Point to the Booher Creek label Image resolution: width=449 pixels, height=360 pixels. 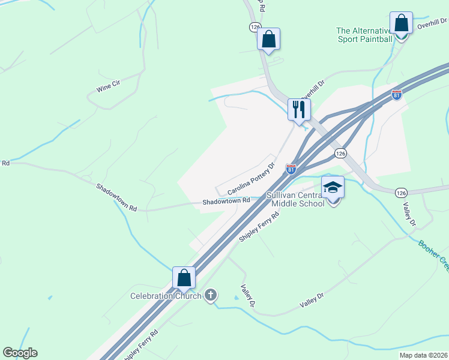pyautogui.click(x=433, y=254)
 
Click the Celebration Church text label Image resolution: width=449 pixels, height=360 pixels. pyautogui.click(x=166, y=296)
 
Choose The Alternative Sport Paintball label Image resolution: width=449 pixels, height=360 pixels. pyautogui.click(x=364, y=35)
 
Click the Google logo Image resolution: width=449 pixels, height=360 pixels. pyautogui.click(x=20, y=353)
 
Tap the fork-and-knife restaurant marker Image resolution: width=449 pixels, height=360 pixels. pyautogui.click(x=298, y=109)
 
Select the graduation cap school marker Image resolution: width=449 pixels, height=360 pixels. pyautogui.click(x=333, y=187)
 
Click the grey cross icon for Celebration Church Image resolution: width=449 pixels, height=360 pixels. pyautogui.click(x=210, y=295)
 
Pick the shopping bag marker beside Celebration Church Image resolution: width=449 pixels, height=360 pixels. pyautogui.click(x=184, y=278)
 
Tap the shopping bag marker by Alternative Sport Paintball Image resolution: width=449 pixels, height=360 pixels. pyautogui.click(x=400, y=23)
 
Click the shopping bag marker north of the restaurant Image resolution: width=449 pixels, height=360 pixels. pyautogui.click(x=269, y=39)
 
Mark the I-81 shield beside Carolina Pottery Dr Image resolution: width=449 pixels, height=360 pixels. pyautogui.click(x=291, y=169)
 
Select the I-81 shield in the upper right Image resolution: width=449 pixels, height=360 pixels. pyautogui.click(x=397, y=94)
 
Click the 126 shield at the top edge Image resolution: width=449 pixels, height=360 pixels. pyautogui.click(x=255, y=27)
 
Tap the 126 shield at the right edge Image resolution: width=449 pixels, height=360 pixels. pyautogui.click(x=402, y=193)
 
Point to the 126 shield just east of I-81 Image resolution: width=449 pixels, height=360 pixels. pyautogui.click(x=340, y=153)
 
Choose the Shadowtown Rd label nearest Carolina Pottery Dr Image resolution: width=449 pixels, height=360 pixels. pyautogui.click(x=225, y=202)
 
